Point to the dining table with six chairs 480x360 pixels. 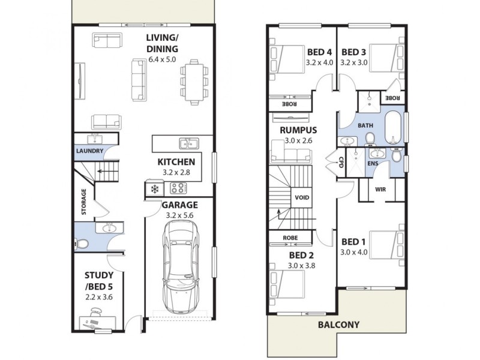tap(193, 80)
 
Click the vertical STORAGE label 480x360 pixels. tap(84, 202)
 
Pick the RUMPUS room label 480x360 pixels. tap(298, 130)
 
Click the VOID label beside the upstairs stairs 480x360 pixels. tap(301, 197)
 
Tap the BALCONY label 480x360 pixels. tap(340, 325)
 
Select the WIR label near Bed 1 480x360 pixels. tap(380, 189)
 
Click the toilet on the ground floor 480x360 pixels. tap(82, 243)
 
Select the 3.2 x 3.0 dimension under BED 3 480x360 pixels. tap(353, 62)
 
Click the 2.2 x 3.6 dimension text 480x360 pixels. tap(99, 296)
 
